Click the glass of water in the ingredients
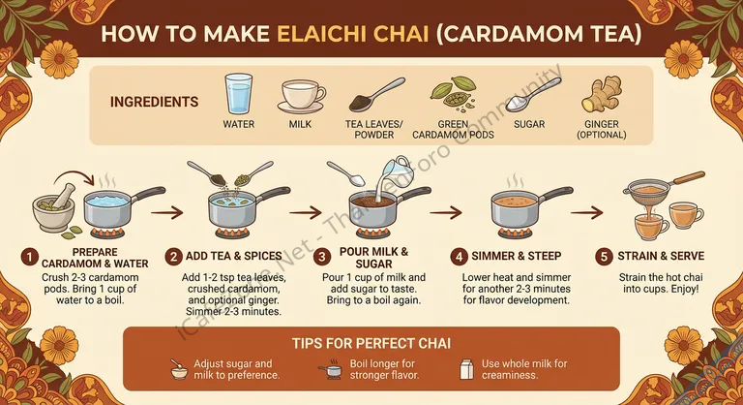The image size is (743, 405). click(x=238, y=94)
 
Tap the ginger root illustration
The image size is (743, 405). click(x=602, y=94)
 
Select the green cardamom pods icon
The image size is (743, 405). click(x=453, y=92)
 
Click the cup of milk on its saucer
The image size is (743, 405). click(x=302, y=96)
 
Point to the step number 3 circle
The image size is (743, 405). click(x=322, y=258)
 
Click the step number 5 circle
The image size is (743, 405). click(x=604, y=257)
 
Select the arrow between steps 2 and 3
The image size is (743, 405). click(x=306, y=212)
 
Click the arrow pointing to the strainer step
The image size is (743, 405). click(x=586, y=212)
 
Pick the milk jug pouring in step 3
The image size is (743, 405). click(x=395, y=171)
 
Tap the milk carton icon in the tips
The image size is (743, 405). click(x=466, y=369)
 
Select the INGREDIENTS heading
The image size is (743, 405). click(x=155, y=102)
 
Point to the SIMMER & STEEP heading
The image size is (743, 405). click(x=516, y=256)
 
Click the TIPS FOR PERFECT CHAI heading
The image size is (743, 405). click(x=371, y=343)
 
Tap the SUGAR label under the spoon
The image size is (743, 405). click(x=529, y=124)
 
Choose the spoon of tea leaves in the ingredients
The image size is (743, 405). click(x=376, y=95)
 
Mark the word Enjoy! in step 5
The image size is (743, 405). click(x=684, y=289)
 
